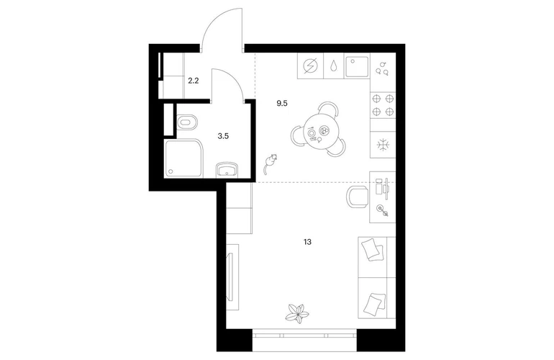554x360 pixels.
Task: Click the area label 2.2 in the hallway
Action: [x=194, y=81]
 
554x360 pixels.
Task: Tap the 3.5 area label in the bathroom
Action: [x=223, y=136]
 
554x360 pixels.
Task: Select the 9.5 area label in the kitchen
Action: [x=282, y=103]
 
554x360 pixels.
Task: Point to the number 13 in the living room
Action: [x=307, y=242]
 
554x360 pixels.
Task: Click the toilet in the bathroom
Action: [x=187, y=123]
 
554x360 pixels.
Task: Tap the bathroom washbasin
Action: [x=227, y=171]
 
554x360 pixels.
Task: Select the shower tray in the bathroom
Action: [x=183, y=158]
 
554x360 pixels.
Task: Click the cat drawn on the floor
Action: [x=270, y=163]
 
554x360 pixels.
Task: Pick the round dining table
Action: [x=319, y=133]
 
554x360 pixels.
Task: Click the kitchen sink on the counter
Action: [x=357, y=67]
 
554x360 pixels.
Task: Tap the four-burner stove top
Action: [x=383, y=105]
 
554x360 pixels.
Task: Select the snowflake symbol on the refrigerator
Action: [x=383, y=145]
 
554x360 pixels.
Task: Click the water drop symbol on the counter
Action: [x=334, y=66]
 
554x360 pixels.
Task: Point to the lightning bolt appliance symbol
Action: [x=310, y=66]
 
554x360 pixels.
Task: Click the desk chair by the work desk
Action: [x=357, y=197]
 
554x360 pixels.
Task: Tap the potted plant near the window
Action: [x=296, y=313]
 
